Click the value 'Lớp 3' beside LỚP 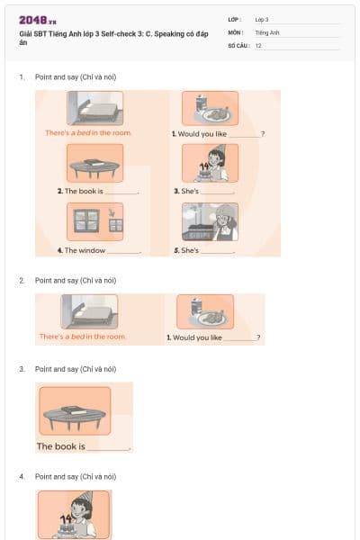(262, 19)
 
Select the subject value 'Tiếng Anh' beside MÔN (267, 32)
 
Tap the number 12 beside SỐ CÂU (258, 45)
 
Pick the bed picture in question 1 (94, 109)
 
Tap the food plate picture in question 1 (210, 108)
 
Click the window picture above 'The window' (94, 220)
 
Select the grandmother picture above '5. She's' (210, 221)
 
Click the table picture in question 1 (94, 164)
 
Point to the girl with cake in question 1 (210, 164)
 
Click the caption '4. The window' (85, 250)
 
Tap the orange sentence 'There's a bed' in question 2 (83, 337)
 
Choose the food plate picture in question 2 (204, 312)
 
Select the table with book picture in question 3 (75, 411)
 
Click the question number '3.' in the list (22, 369)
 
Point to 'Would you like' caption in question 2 (197, 337)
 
